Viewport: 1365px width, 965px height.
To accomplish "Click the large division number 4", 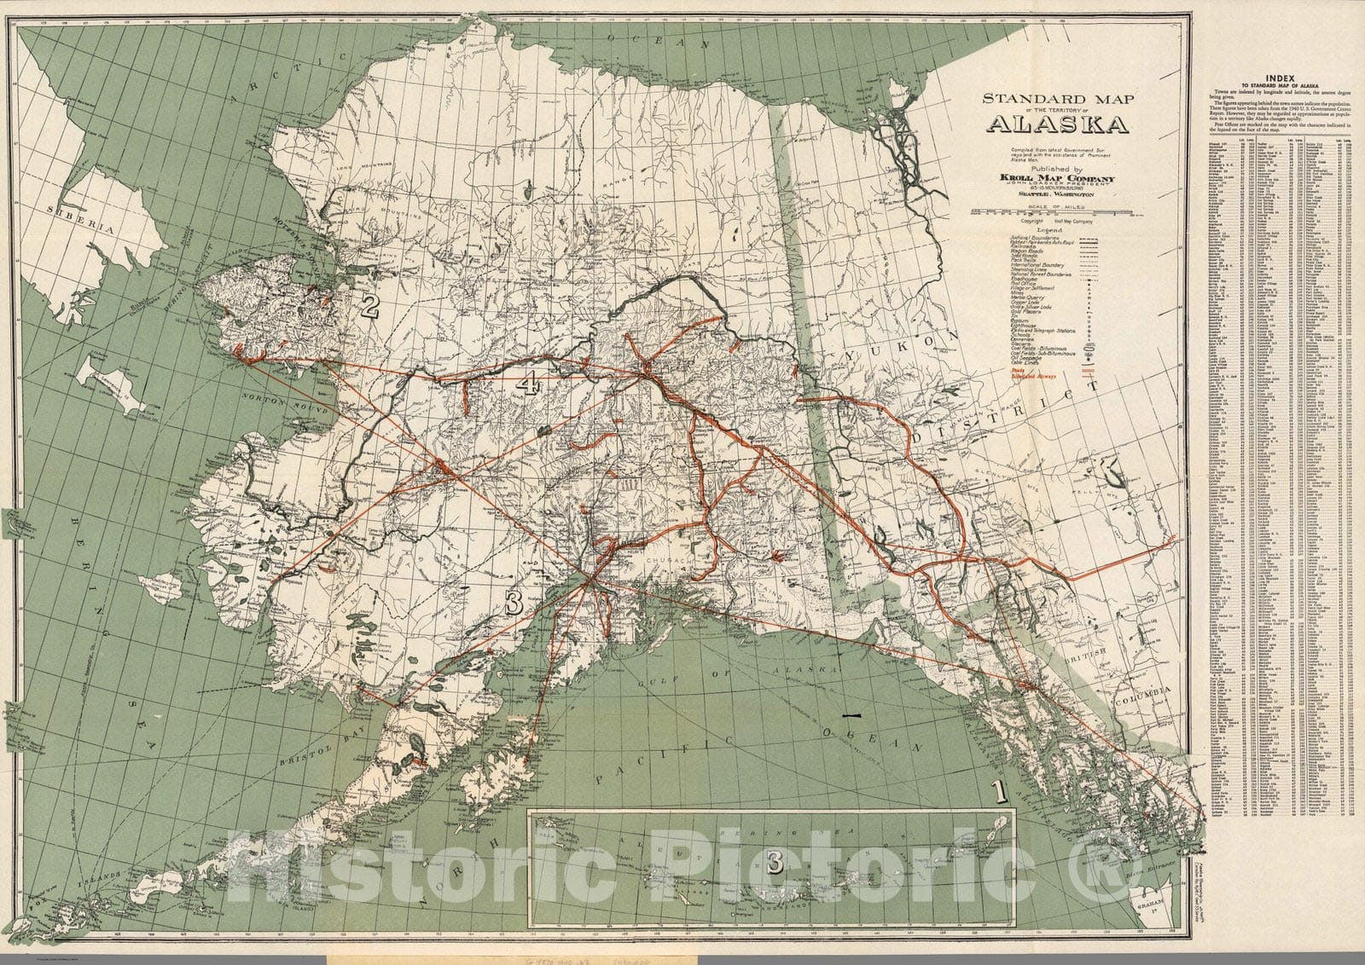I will (x=528, y=385).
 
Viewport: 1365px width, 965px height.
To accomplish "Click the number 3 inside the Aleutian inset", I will (x=775, y=863).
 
